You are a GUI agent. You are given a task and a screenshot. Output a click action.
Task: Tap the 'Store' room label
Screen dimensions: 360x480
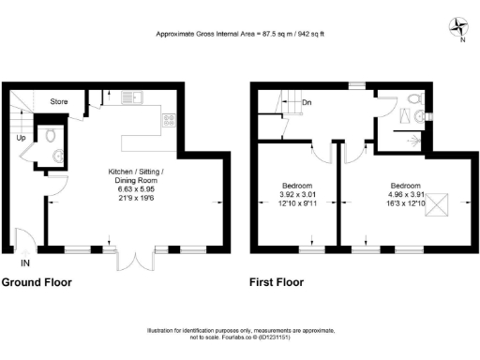coord(58,100)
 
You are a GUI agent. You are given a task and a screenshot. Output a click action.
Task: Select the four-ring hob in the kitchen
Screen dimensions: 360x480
coord(170,120)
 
